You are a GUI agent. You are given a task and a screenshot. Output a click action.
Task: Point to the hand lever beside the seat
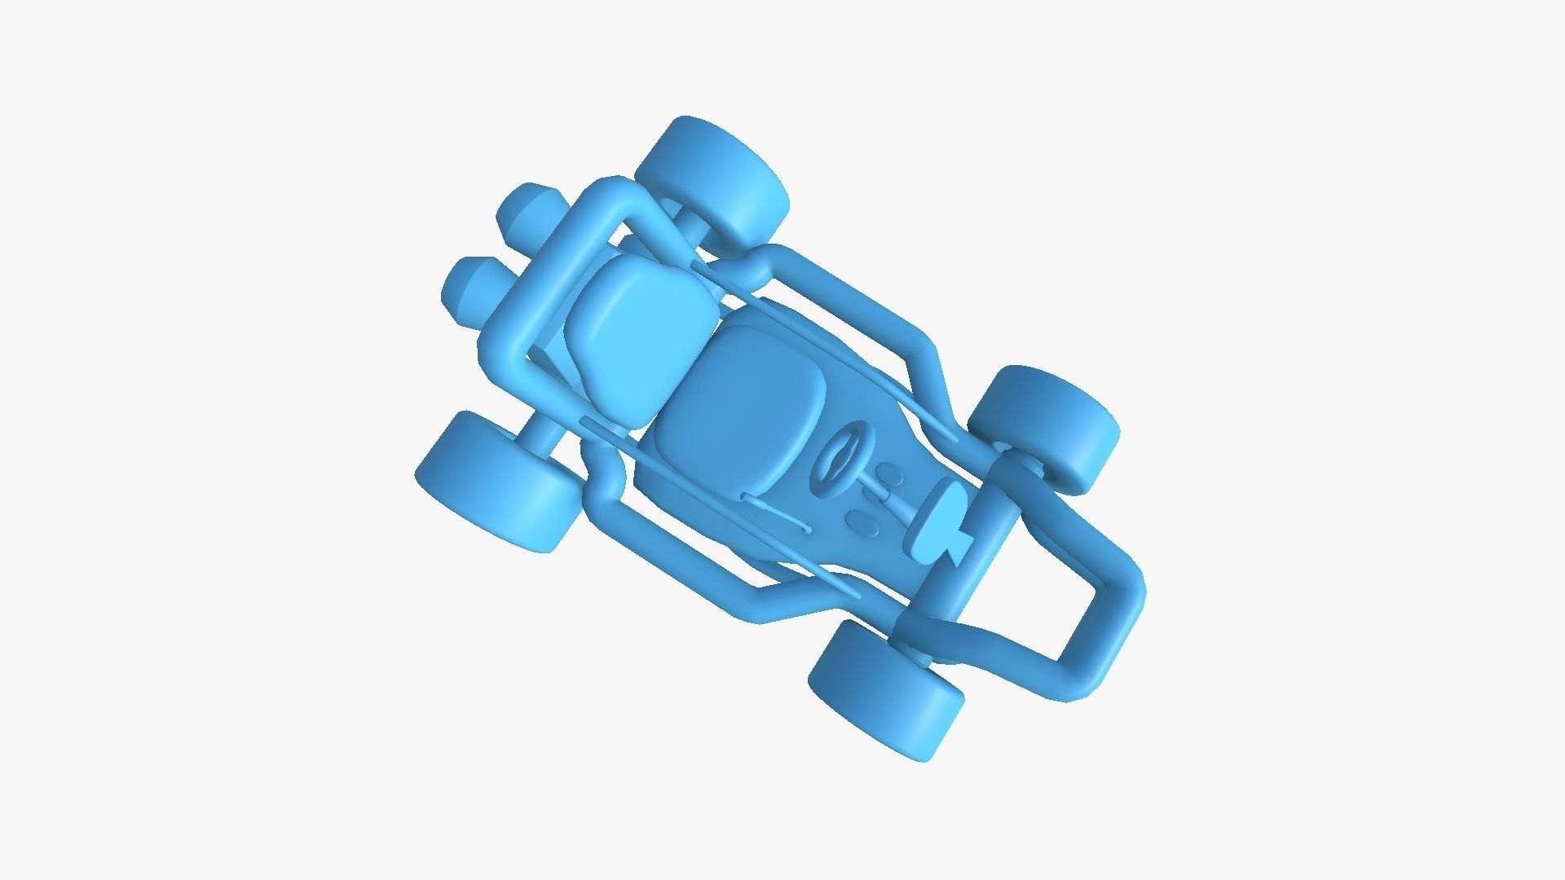[774, 510]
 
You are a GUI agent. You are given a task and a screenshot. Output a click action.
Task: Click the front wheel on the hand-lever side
[884, 689]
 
